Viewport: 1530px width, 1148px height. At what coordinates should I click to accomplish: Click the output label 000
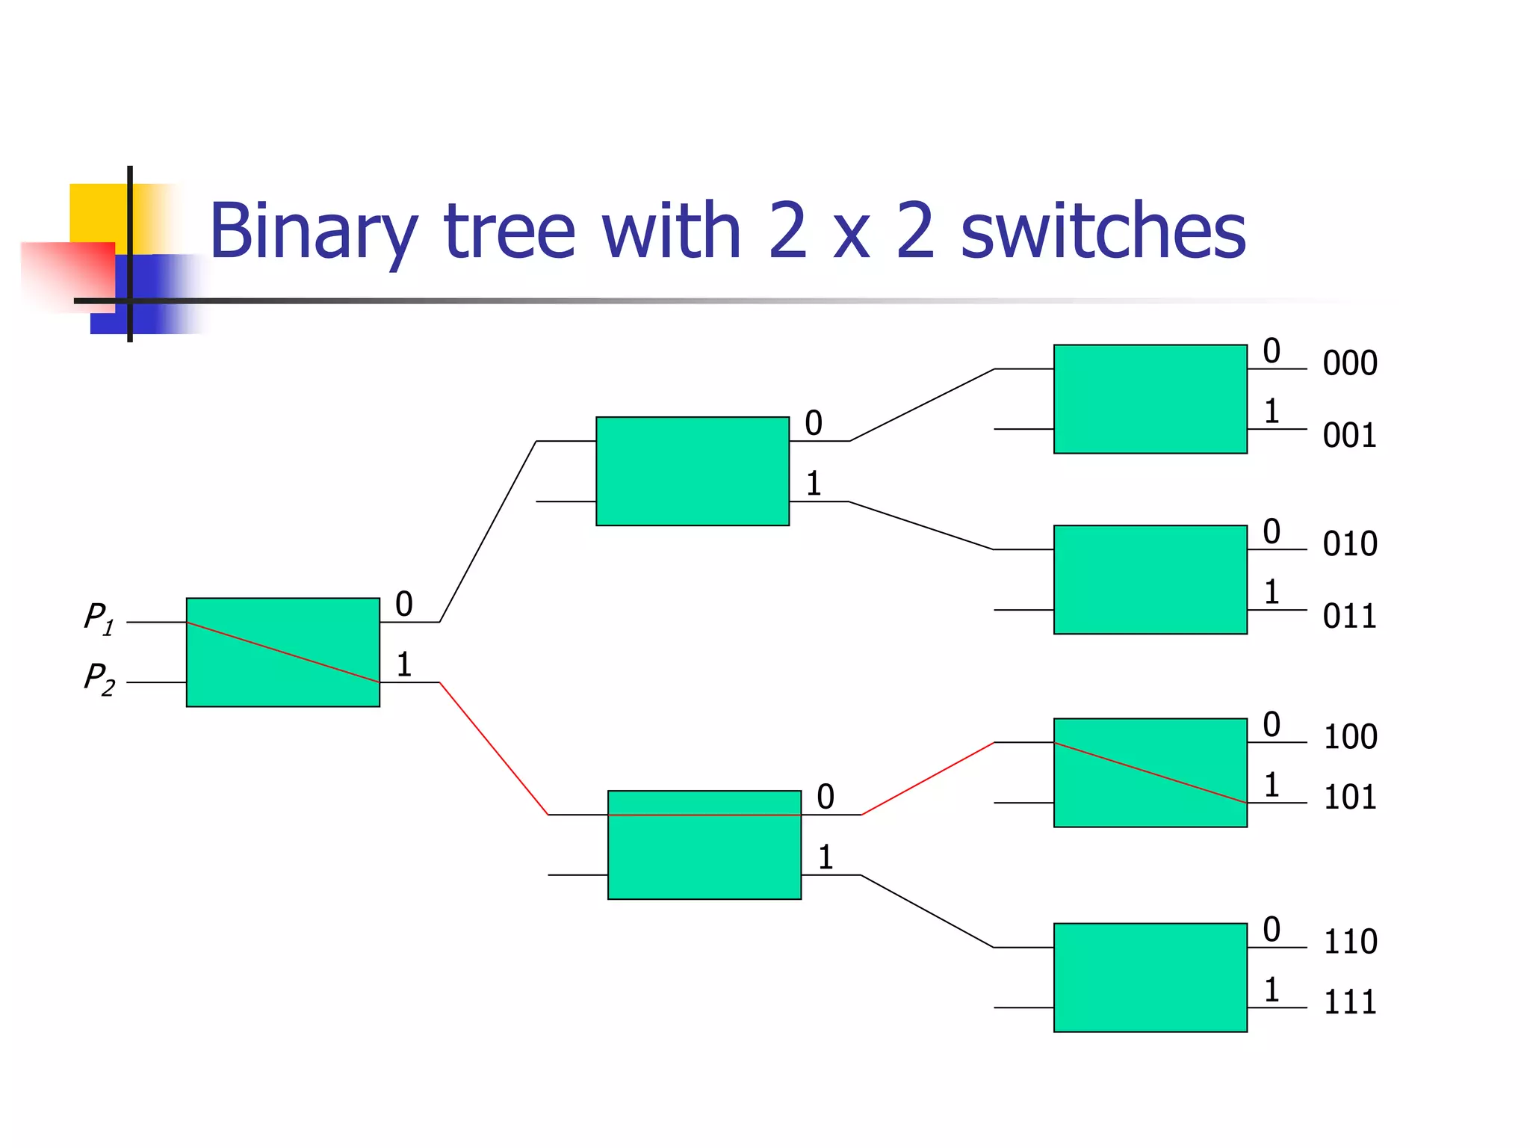1349,363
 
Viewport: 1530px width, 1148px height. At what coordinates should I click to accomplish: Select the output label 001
1349,436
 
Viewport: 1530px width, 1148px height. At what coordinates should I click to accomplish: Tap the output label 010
1349,544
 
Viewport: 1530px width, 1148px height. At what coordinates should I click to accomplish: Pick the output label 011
1349,617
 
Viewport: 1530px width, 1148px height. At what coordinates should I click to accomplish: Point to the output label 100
1350,737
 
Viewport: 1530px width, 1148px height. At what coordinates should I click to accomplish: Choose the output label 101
1350,797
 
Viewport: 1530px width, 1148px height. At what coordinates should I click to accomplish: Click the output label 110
1350,942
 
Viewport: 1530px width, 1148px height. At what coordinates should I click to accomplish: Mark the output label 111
1350,1002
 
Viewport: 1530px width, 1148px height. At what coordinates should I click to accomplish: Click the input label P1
99,619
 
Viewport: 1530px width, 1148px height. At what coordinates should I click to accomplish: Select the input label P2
99,679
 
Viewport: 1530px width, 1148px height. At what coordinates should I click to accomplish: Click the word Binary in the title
313,232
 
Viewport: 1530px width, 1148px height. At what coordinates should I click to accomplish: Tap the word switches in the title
1103,232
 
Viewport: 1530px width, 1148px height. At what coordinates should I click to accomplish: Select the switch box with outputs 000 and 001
1150,398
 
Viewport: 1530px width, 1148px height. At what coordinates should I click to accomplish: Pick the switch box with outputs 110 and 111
1150,978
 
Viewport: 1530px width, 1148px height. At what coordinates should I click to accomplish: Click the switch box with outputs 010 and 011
1150,579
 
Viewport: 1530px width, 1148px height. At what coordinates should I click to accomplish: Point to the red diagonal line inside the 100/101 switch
1150,773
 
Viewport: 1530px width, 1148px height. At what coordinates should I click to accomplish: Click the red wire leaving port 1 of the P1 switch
493,747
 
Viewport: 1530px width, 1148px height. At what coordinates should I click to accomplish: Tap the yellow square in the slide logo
97,213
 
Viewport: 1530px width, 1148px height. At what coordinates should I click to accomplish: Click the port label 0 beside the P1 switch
404,604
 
